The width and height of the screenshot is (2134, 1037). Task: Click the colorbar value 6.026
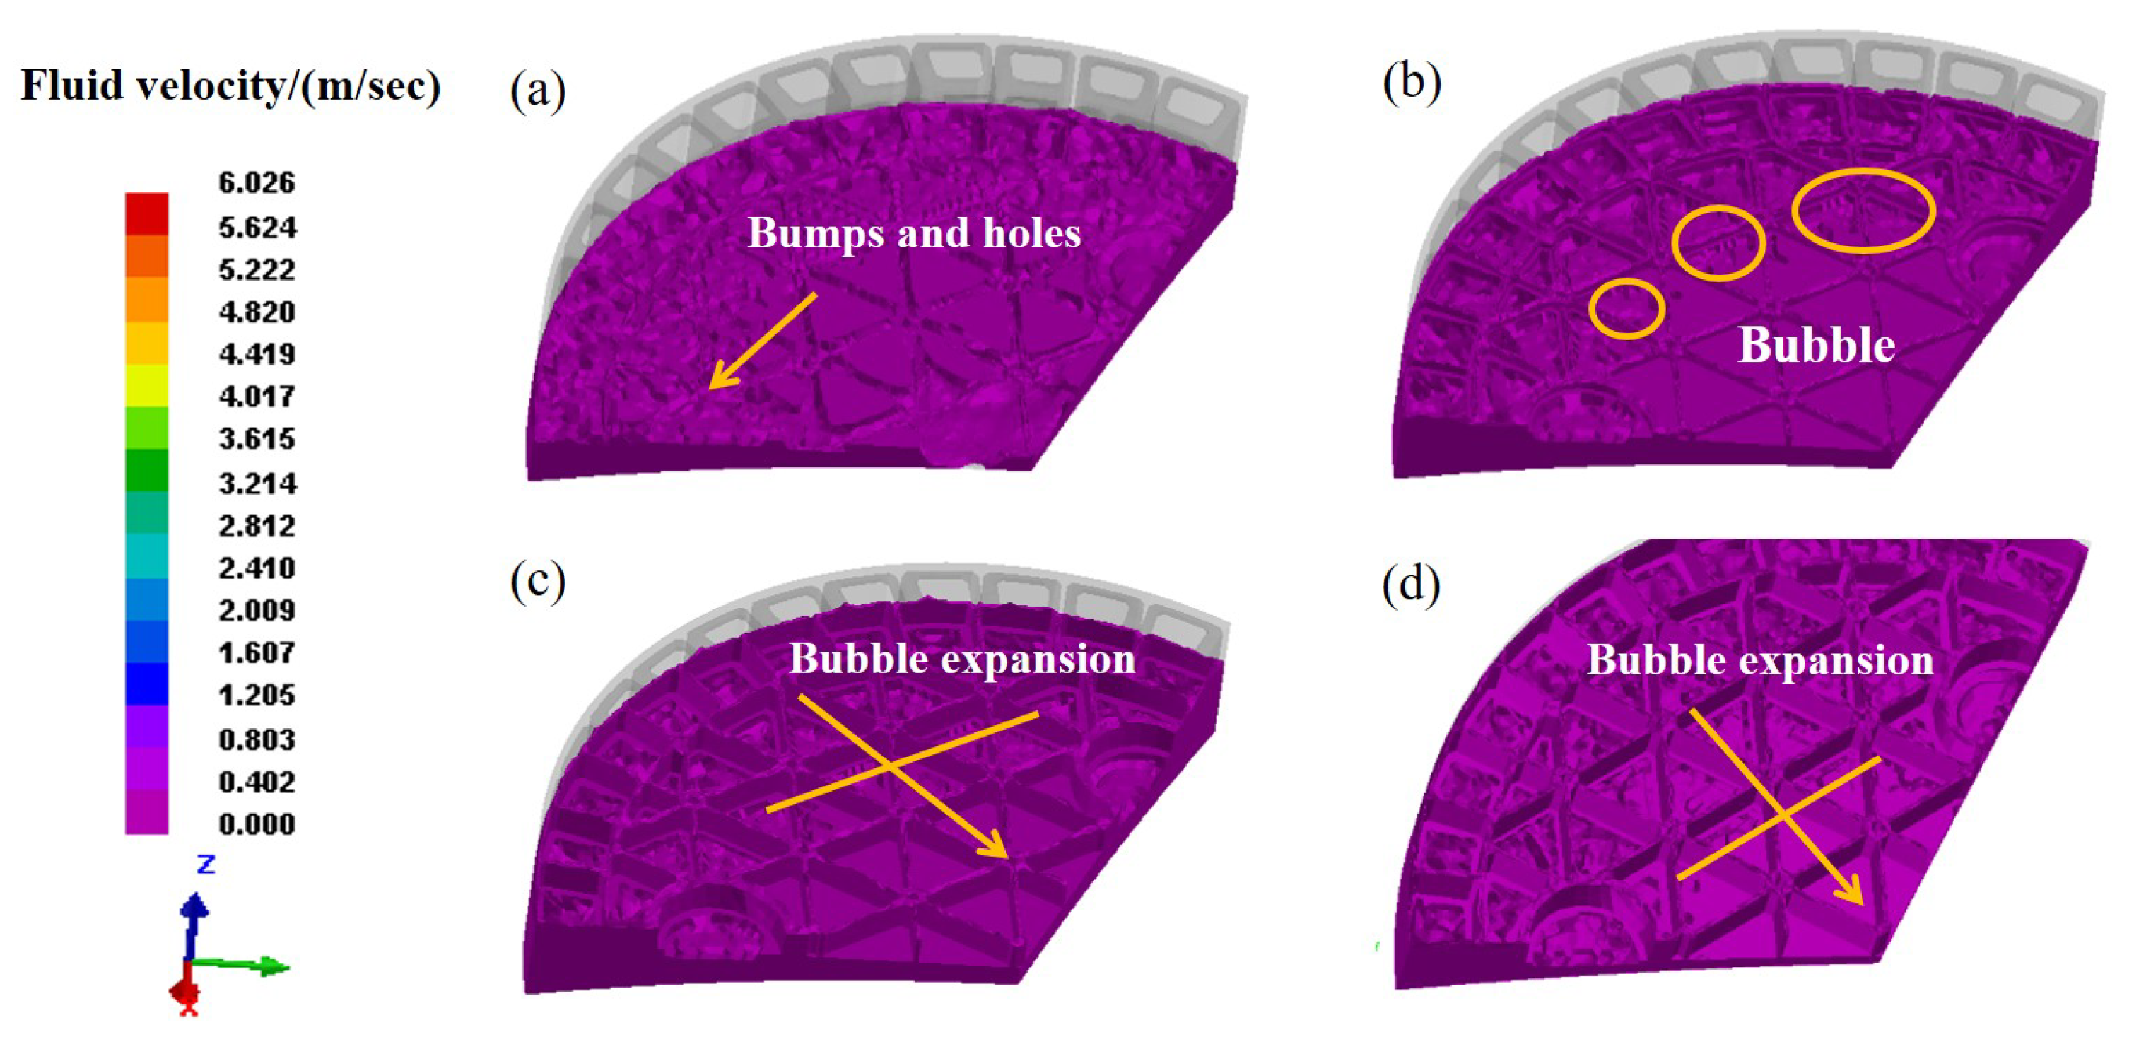click(256, 182)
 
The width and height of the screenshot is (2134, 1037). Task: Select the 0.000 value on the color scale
click(256, 824)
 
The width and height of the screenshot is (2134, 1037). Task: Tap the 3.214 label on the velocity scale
click(257, 483)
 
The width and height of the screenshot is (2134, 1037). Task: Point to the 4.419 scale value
click(257, 354)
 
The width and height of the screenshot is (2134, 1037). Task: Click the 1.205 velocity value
click(256, 695)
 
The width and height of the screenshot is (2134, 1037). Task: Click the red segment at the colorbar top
click(146, 213)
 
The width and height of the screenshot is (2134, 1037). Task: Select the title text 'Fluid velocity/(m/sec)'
click(230, 86)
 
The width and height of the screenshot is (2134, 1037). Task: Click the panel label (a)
click(538, 90)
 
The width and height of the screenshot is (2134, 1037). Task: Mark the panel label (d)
click(1411, 583)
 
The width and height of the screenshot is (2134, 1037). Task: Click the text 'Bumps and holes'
click(914, 233)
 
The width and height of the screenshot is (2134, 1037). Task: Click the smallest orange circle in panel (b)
click(1626, 308)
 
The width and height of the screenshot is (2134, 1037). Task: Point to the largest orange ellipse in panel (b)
click(1863, 211)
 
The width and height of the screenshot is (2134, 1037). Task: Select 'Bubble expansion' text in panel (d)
click(1759, 661)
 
